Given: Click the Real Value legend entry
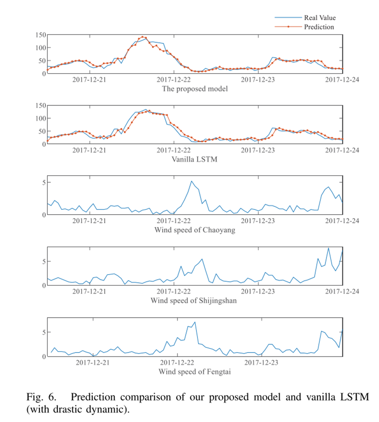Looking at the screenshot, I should coord(320,18).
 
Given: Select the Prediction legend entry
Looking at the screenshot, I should coord(319,27).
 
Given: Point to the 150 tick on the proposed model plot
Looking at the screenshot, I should coord(40,35).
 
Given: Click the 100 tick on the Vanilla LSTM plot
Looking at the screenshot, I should coord(40,118).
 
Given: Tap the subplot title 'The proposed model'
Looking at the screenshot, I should coord(195,89).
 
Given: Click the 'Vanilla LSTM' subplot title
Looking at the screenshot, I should coord(195,160).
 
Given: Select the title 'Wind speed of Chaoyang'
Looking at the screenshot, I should coord(195,230).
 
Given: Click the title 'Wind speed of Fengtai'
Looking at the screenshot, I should coord(195,371).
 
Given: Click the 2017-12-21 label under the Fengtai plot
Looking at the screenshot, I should coord(92,362).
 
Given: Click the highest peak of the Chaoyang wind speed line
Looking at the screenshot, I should coord(191,181).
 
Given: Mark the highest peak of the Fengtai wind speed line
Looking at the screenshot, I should coord(195,322).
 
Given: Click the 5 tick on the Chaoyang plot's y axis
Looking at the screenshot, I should coord(43,183).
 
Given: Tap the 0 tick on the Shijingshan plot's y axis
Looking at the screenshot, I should coord(43,285).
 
